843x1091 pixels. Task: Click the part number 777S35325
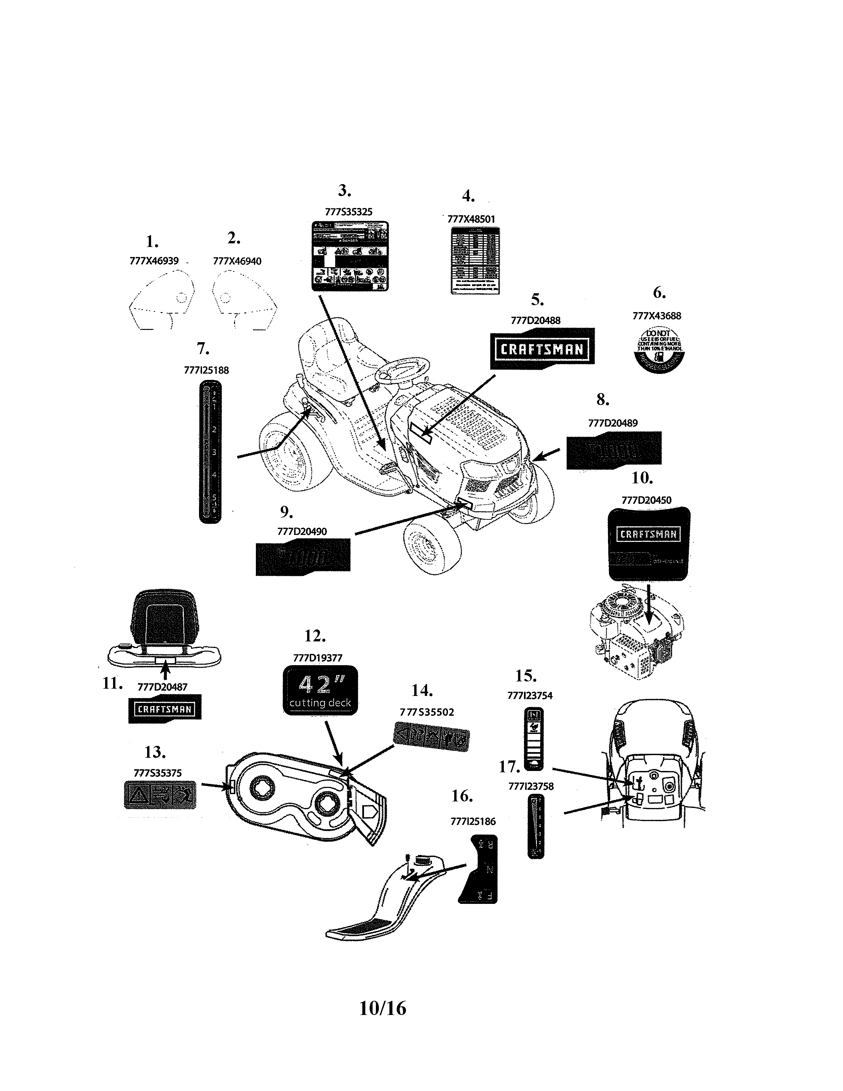[348, 212]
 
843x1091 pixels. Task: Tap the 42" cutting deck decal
[320, 690]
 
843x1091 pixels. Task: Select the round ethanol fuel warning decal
[658, 350]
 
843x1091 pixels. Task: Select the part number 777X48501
[471, 219]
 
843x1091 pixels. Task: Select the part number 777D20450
[646, 500]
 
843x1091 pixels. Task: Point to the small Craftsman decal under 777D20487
[165, 709]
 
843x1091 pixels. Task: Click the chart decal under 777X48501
[475, 260]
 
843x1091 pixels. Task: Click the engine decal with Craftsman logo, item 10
[648, 544]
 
